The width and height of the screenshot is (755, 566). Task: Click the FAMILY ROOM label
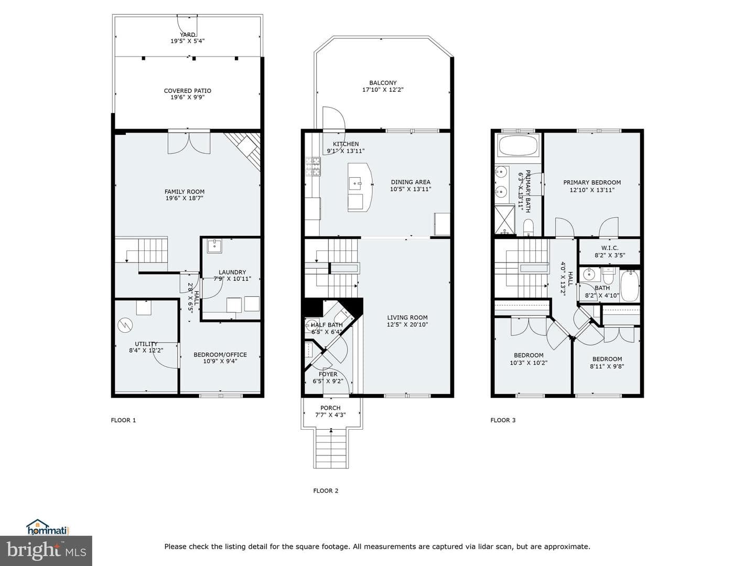click(185, 192)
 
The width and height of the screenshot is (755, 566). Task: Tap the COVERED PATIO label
click(188, 91)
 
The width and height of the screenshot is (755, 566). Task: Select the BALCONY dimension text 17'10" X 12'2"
click(383, 90)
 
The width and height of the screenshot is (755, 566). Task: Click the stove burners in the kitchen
click(313, 167)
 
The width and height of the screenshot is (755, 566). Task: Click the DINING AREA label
click(411, 182)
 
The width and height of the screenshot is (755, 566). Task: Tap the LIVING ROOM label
click(407, 318)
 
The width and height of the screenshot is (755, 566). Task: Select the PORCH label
click(330, 408)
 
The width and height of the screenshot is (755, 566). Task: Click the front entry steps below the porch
click(331, 449)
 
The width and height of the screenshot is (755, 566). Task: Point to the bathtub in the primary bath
click(518, 145)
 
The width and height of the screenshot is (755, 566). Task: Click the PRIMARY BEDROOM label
click(592, 182)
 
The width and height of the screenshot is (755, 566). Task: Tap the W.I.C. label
click(610, 248)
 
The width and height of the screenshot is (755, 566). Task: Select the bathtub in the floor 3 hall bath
click(630, 286)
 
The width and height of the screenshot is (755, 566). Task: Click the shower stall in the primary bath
click(504, 219)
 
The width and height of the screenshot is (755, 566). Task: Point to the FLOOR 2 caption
click(326, 491)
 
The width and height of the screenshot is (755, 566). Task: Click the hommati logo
click(48, 527)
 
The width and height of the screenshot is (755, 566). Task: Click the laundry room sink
click(214, 246)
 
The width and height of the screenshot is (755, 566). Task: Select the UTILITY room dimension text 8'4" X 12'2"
click(146, 351)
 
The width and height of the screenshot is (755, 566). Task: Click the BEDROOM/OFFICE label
click(220, 355)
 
